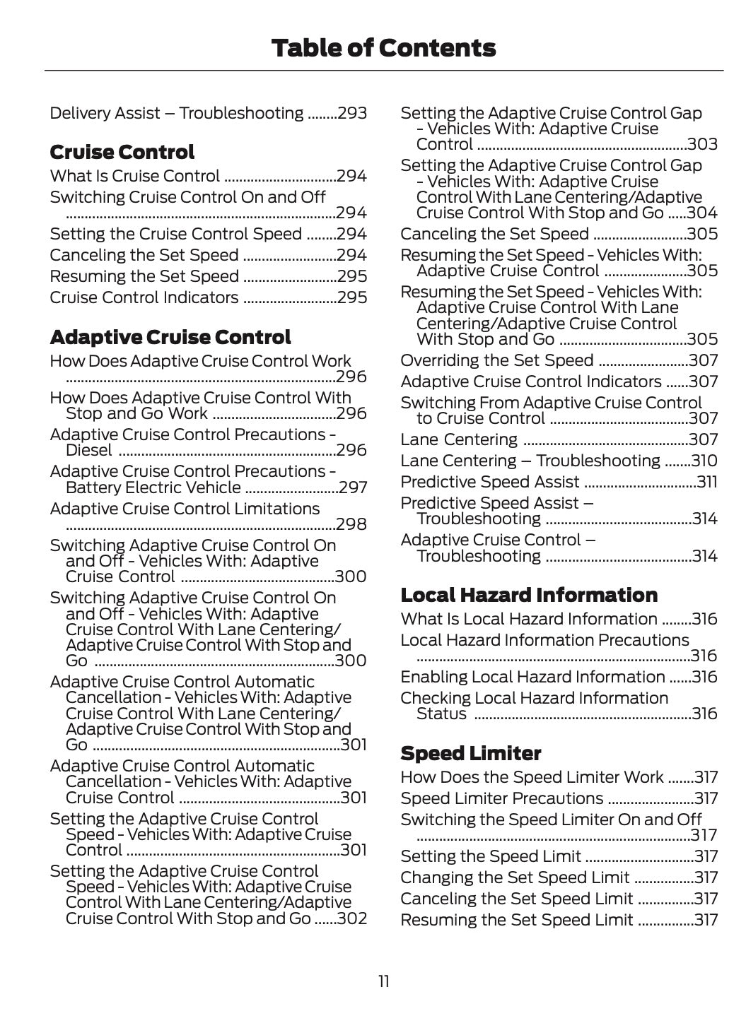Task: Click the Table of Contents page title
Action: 383,48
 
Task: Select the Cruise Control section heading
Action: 122,153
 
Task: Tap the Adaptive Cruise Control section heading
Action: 170,338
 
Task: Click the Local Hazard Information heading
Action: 529,595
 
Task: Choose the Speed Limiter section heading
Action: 471,753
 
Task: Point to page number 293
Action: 352,113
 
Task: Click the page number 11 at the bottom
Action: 383,981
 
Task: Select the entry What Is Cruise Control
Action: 135,176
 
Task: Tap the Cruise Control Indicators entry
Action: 144,297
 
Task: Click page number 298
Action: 351,524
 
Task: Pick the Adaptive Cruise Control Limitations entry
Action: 185,509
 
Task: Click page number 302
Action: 352,918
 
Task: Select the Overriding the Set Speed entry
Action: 497,360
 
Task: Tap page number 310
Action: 704,461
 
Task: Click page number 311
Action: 706,482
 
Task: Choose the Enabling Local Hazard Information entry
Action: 532,677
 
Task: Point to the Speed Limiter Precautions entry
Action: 502,798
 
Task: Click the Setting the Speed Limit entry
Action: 491,856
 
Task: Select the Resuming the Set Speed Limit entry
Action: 517,920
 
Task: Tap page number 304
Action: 702,213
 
